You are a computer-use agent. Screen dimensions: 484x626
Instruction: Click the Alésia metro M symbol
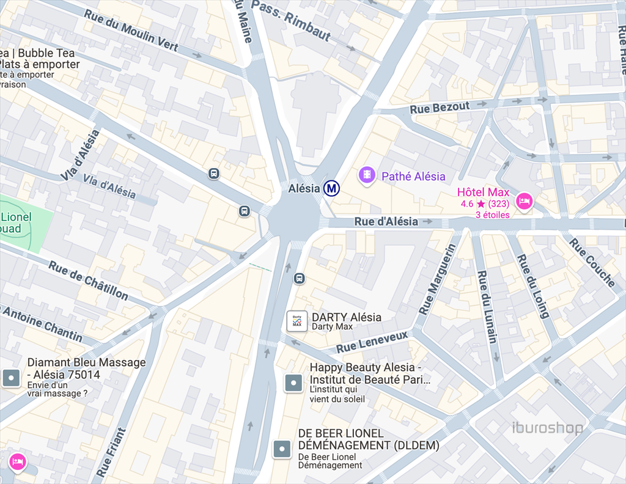coord(332,188)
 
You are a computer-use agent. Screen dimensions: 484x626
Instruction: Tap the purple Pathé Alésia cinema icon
coord(366,175)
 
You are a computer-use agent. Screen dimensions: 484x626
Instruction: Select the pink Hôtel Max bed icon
coord(524,200)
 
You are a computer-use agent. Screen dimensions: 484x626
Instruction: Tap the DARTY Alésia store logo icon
coord(297,321)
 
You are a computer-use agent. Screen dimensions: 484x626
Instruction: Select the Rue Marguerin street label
coord(437,279)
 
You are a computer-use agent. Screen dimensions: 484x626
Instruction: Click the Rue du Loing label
coord(533,286)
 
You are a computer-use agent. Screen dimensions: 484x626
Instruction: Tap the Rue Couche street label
coord(592,262)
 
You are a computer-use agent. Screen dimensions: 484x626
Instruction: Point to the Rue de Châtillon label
coord(89,280)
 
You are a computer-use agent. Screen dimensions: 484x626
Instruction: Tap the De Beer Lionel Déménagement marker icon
coord(281,449)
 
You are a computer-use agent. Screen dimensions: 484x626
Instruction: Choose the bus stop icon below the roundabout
coord(299,279)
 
